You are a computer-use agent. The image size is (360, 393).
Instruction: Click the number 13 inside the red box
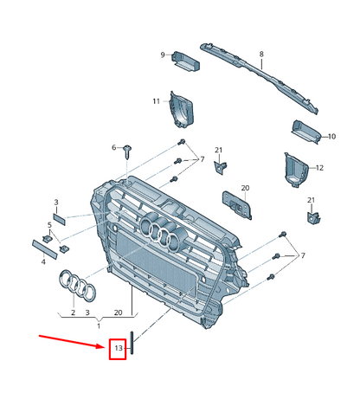click(x=119, y=349)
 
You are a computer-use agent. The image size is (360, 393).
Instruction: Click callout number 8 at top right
click(x=261, y=55)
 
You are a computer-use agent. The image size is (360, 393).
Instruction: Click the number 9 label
click(x=162, y=55)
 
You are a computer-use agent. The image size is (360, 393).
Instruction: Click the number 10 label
click(x=330, y=136)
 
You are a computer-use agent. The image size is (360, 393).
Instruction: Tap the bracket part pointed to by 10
click(x=305, y=132)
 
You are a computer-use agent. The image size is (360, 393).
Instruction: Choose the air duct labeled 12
click(x=293, y=169)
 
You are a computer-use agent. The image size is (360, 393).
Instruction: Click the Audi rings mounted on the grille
click(x=162, y=230)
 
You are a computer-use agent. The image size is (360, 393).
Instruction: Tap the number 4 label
click(x=43, y=261)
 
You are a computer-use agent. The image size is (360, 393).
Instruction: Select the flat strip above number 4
click(x=42, y=244)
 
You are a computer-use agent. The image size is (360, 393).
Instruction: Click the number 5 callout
click(x=50, y=225)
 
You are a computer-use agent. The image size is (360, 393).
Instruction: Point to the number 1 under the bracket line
click(x=98, y=325)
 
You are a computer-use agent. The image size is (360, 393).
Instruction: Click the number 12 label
click(x=319, y=168)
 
